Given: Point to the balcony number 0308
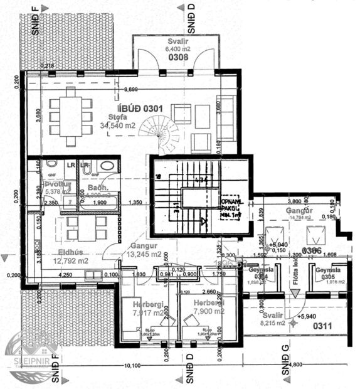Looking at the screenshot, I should (x=177, y=58).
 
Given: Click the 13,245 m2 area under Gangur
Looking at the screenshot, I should (x=143, y=254).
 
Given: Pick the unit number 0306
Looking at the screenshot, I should (x=312, y=251).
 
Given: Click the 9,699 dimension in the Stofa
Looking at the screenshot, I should (x=131, y=89).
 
